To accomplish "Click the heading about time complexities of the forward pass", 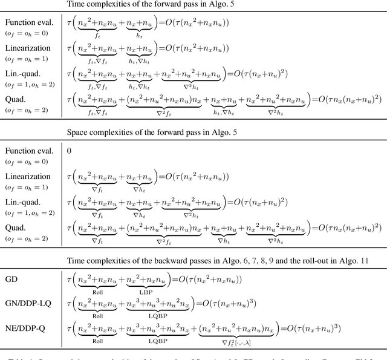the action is pos(193,5).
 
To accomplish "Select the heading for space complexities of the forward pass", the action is pos(193,131).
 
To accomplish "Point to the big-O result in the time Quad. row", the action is pos(348,98).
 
